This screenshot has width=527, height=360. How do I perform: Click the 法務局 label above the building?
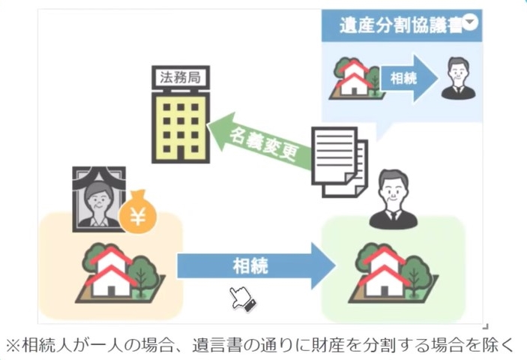tap(180, 76)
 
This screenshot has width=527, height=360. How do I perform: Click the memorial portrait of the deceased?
tap(97, 198)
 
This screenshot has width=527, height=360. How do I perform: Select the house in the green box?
tap(387, 270)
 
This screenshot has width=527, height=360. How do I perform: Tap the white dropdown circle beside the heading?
tap(470, 22)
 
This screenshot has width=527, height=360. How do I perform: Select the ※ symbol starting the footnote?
tap(13, 346)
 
